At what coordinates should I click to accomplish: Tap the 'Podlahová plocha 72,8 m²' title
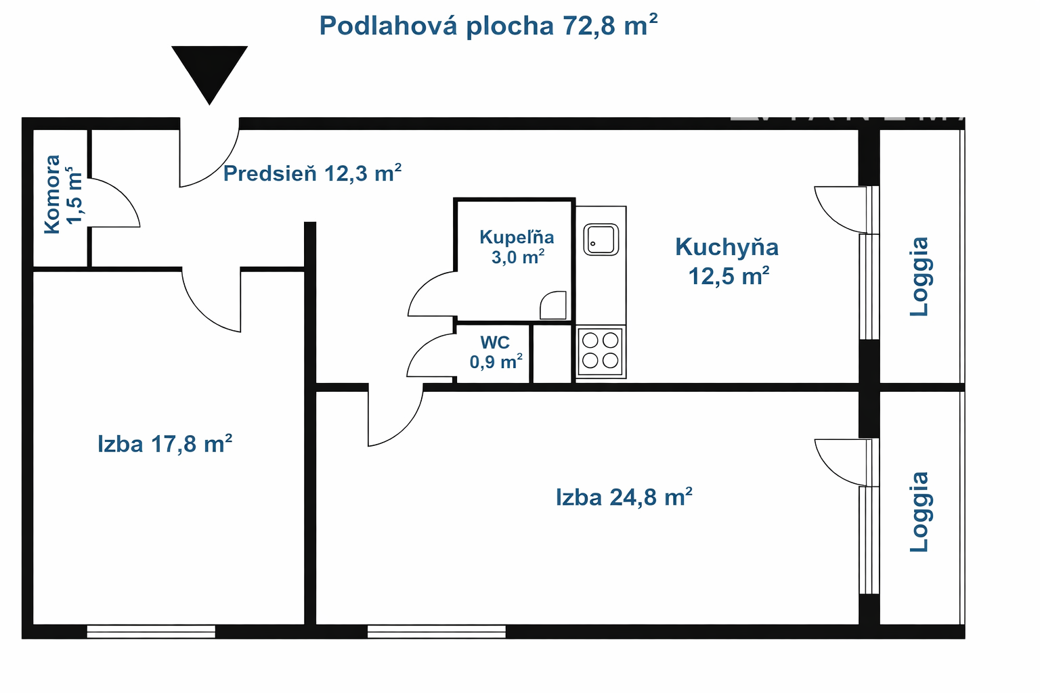488,25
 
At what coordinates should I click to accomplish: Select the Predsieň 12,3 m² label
312,173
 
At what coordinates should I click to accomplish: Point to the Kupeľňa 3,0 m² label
517,246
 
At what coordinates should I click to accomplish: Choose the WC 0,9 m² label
496,353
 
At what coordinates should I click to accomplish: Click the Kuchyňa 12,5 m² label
727,261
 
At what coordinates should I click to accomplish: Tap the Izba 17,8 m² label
165,444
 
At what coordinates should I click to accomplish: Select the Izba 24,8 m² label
624,497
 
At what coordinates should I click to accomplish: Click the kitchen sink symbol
601,240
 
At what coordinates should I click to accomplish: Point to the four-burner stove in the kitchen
601,351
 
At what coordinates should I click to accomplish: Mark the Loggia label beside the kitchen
919,277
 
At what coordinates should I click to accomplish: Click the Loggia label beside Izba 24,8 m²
919,512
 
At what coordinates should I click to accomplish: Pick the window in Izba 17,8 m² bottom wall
151,631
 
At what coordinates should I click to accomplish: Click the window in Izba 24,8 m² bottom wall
437,631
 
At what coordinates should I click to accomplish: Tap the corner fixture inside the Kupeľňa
553,305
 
